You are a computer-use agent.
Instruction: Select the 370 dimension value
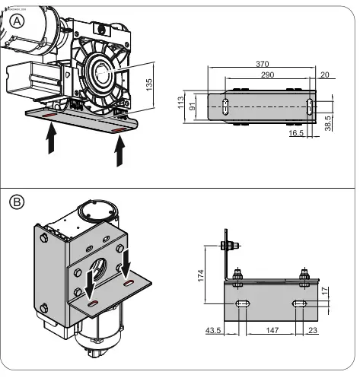(x=264, y=65)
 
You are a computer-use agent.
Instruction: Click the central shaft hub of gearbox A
(x=100, y=76)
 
